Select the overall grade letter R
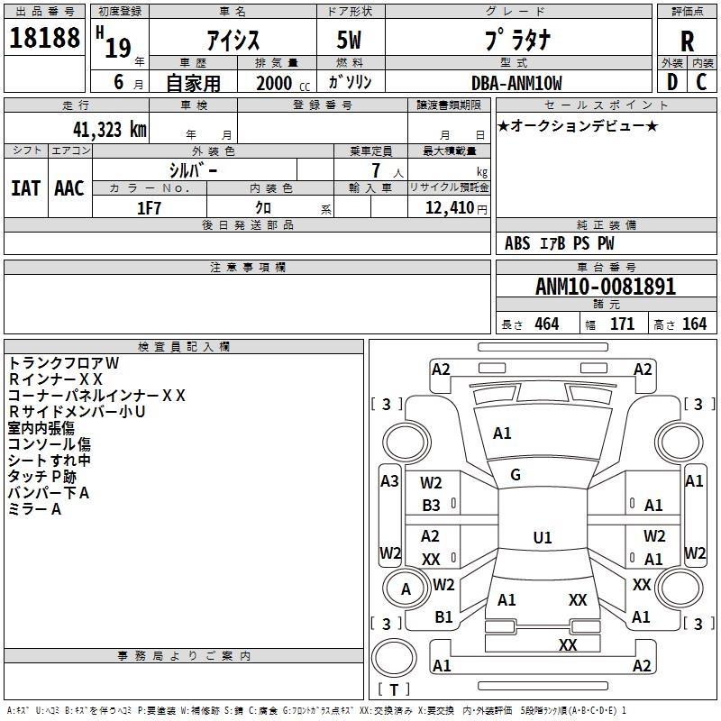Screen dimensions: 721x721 pos(687,42)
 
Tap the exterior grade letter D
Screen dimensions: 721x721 pos(671,81)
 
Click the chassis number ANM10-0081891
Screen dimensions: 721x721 pos(605,287)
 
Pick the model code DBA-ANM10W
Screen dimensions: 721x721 pos(516,83)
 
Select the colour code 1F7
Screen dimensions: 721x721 pos(149,208)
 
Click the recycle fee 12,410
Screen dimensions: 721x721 pos(448,208)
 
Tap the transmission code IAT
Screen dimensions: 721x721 pos(25,187)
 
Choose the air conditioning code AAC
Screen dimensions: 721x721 pos(69,187)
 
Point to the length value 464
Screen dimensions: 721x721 pos(546,324)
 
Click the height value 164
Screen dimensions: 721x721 pos(694,324)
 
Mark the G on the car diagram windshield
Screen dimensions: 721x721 pos(516,474)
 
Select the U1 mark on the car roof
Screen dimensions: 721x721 pos(542,537)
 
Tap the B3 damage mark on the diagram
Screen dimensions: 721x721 pos(432,506)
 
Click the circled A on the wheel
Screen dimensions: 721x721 pos(406,589)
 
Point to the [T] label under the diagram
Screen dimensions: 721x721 pos(393,690)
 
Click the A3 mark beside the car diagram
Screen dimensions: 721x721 pos(389,481)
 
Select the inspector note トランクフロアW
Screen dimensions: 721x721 pos(63,362)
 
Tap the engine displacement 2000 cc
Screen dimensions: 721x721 pos(278,83)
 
